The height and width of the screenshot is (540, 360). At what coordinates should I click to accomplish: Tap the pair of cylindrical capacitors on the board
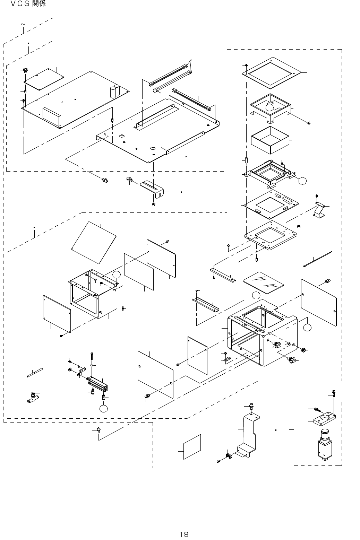115,91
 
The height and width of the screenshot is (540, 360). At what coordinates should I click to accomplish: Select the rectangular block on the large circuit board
51,116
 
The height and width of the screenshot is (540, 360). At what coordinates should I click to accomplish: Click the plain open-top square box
270,140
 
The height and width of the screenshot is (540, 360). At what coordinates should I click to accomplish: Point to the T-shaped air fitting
31,398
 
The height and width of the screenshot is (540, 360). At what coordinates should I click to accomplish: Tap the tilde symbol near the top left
23,24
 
